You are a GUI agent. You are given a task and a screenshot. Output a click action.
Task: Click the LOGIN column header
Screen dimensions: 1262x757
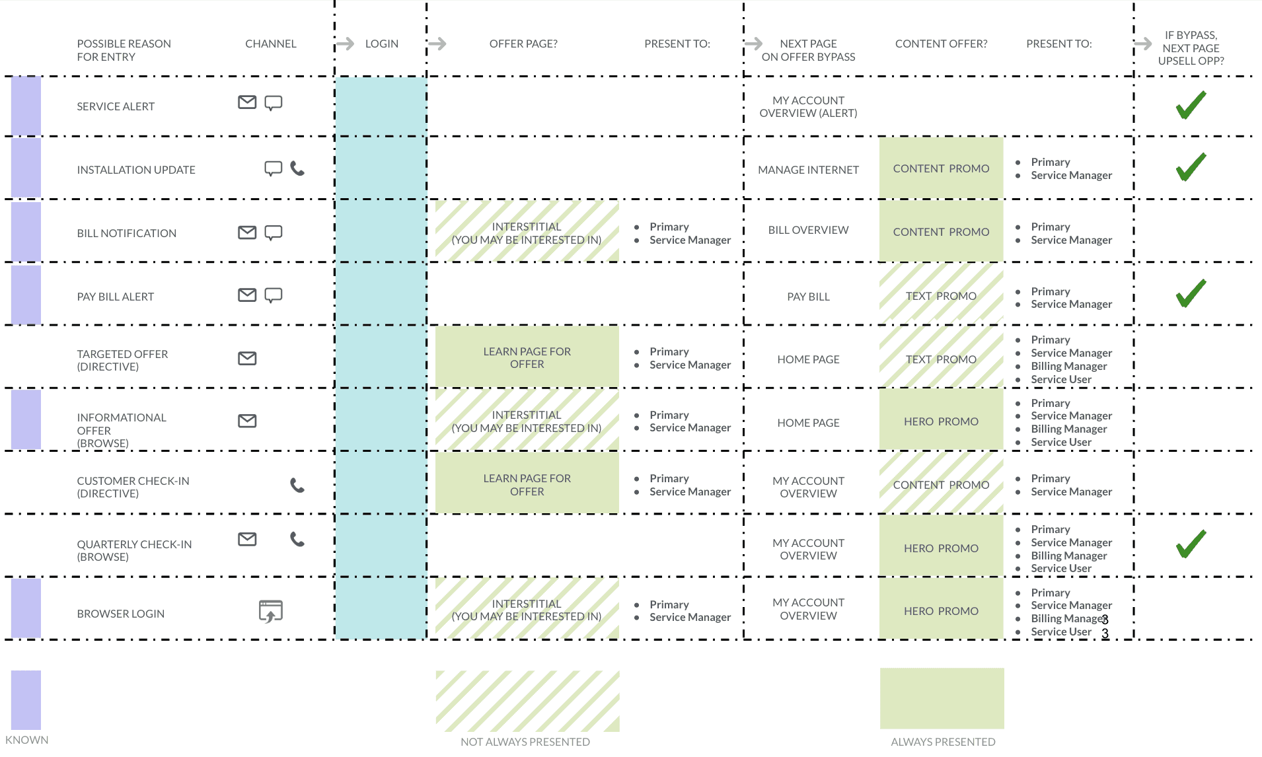tap(382, 44)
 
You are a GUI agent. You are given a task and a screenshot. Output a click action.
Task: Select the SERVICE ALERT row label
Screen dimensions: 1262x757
tap(116, 106)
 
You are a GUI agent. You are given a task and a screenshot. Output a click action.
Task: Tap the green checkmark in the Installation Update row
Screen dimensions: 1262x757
tap(1191, 166)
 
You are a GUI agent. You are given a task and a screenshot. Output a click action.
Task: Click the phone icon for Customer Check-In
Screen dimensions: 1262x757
tap(297, 486)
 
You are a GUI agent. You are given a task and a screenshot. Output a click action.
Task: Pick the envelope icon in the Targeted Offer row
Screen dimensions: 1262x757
tap(247, 358)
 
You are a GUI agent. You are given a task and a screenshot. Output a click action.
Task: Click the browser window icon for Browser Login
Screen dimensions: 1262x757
tap(270, 612)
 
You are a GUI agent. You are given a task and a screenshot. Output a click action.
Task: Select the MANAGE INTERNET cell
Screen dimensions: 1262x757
tap(808, 170)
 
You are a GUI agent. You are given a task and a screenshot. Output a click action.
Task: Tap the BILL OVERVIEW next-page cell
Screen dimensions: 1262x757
tap(808, 230)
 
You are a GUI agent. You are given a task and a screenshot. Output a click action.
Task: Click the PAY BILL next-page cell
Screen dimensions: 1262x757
tap(808, 297)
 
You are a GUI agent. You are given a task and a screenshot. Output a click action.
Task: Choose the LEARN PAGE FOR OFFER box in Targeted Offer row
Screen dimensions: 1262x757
tap(527, 357)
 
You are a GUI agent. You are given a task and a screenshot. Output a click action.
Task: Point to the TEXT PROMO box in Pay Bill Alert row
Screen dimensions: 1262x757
tap(941, 295)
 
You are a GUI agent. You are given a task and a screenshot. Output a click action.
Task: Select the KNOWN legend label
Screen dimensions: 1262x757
tap(27, 740)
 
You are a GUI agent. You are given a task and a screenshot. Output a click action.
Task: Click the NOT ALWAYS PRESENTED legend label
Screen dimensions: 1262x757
tap(525, 742)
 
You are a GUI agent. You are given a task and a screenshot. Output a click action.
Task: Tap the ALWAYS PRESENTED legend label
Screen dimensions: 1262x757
tap(943, 742)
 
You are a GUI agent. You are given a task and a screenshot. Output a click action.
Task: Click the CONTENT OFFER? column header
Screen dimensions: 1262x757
tap(941, 44)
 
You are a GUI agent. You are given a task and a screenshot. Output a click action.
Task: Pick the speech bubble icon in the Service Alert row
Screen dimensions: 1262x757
tap(273, 103)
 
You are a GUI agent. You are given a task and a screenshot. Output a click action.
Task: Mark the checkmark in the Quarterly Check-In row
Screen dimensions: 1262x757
tap(1191, 544)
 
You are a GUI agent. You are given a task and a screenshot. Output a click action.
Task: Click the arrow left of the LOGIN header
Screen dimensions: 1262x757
tap(345, 44)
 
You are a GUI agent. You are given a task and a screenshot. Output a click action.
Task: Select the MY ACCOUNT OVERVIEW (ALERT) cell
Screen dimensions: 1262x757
tap(808, 106)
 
